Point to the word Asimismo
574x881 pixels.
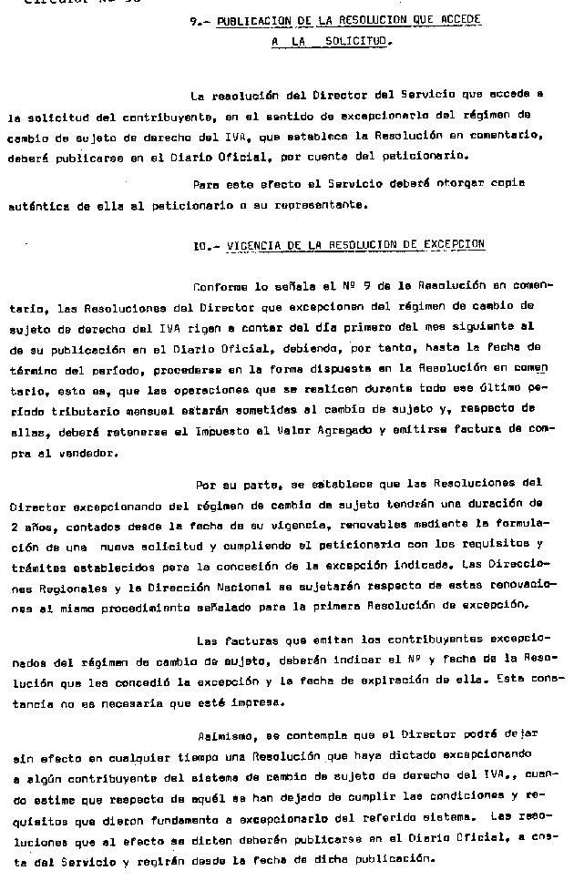(222, 735)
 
